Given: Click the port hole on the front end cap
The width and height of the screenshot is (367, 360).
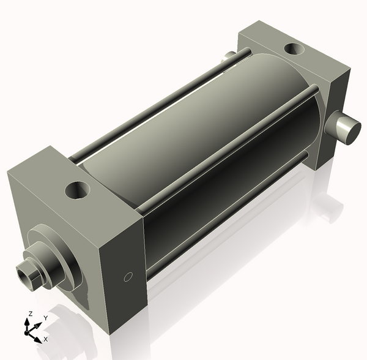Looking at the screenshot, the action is (78, 190).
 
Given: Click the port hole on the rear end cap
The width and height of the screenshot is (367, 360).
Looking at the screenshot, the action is (294, 49).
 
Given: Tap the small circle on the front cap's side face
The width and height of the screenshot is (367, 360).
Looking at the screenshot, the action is (128, 277).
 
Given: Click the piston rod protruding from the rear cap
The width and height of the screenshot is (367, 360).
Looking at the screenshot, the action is (343, 127).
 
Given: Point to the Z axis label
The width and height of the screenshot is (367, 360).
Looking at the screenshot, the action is (30, 313).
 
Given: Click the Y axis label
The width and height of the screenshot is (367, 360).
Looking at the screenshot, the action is (46, 318).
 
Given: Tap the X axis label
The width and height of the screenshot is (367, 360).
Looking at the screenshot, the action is (46, 339).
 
